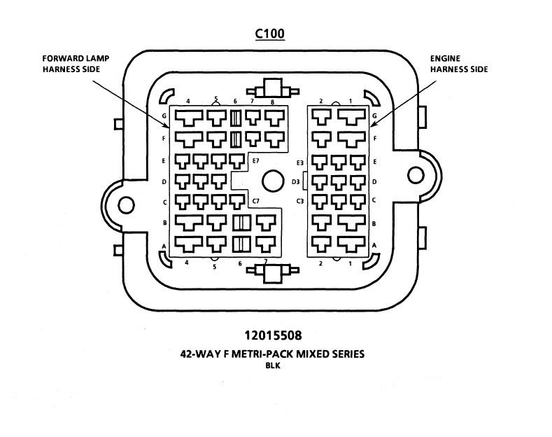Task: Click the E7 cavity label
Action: [256, 161]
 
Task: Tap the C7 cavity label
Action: [256, 202]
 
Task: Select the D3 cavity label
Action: [296, 182]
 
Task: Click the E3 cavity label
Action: [299, 162]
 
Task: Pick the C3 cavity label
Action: [299, 202]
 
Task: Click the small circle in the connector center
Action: [270, 182]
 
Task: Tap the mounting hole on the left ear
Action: [126, 204]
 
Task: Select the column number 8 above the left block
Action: [271, 102]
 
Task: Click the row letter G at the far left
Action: [163, 116]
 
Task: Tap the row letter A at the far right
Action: [375, 244]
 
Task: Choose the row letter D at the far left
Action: [163, 182]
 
